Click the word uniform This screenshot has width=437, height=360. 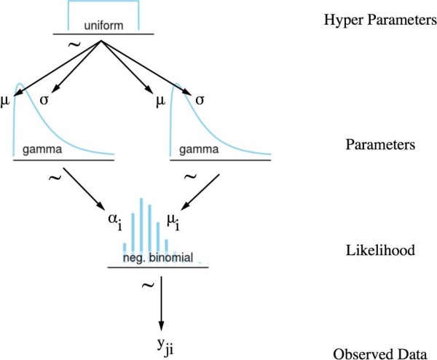(103, 26)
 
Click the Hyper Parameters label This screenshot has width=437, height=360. (380, 20)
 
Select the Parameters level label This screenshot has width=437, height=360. (380, 144)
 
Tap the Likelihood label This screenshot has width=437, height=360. (380, 250)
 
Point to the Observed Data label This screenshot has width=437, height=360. (380, 353)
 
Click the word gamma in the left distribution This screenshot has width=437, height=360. (42, 149)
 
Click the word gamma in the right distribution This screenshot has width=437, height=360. (199, 149)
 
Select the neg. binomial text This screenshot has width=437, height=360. (158, 257)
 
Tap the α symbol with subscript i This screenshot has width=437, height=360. (115, 222)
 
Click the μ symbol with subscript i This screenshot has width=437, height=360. (173, 222)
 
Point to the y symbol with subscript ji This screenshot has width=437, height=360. (165, 347)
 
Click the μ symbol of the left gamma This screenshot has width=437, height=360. (5, 101)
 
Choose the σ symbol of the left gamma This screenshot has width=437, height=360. (44, 100)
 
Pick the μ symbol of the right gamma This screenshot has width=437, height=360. (160, 101)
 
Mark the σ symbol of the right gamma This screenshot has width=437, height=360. (200, 100)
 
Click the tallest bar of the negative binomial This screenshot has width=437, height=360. (141, 224)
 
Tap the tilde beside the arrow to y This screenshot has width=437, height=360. (148, 285)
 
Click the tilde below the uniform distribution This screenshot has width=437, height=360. (74, 44)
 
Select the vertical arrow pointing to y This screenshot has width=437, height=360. (161, 303)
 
